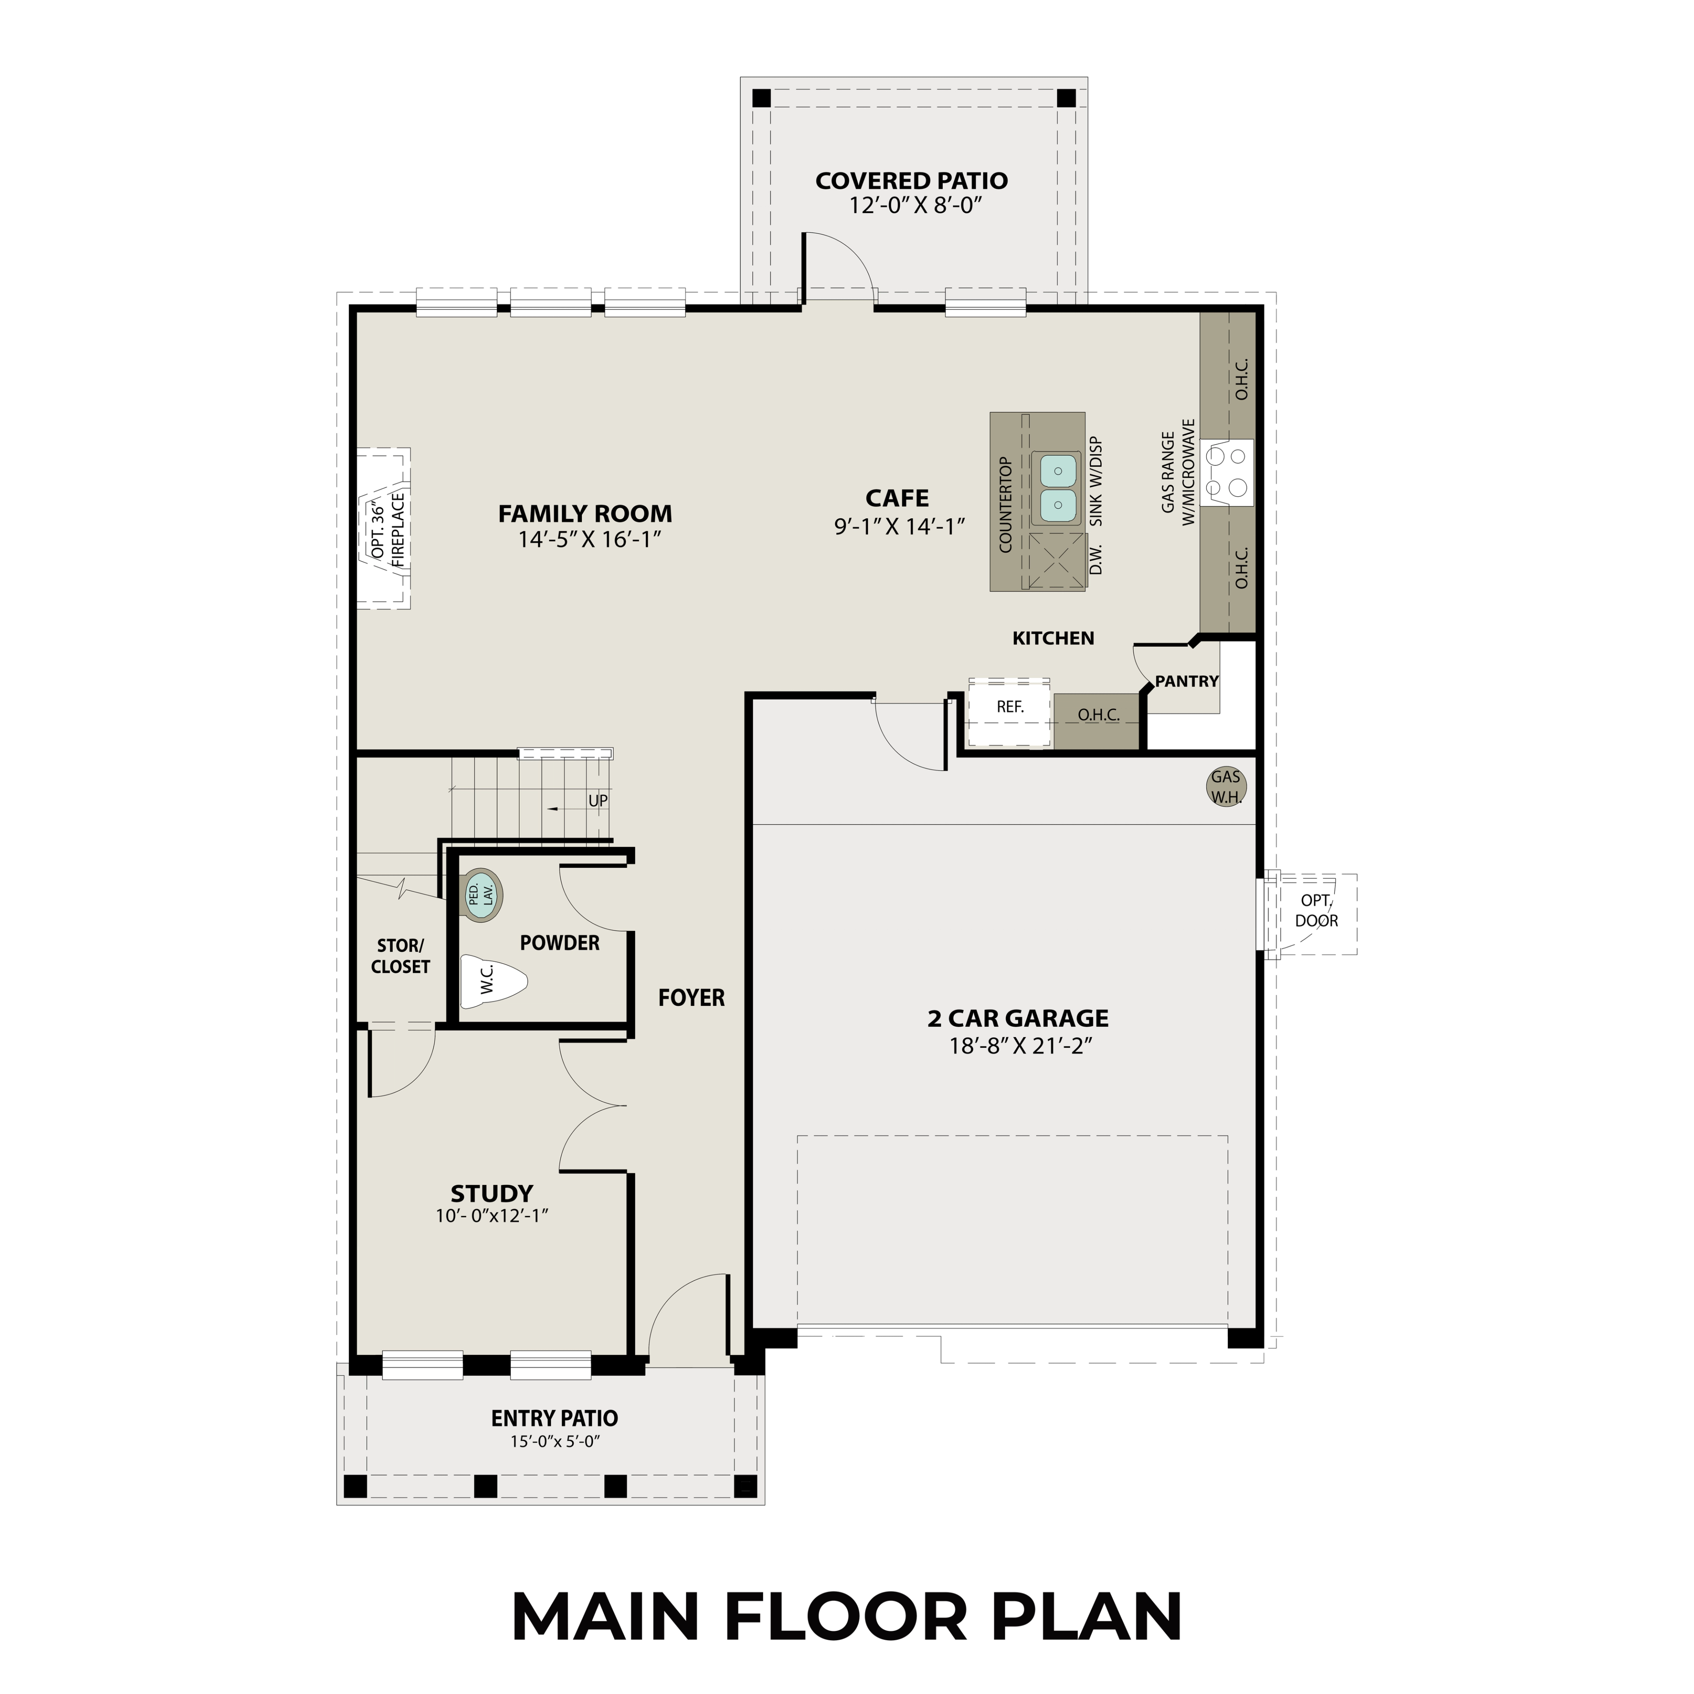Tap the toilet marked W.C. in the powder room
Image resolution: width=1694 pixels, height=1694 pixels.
[x=493, y=980]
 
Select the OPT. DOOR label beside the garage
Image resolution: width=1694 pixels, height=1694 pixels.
[x=1315, y=910]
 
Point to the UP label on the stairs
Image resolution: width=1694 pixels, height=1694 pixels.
[x=597, y=801]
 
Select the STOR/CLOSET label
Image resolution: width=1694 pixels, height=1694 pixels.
[x=400, y=956]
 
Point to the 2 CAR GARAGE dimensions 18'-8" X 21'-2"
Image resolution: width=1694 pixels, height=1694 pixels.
[x=1017, y=1046]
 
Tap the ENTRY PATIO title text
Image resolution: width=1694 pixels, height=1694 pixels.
[x=554, y=1418]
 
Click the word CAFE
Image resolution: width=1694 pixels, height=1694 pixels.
[x=896, y=498]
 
